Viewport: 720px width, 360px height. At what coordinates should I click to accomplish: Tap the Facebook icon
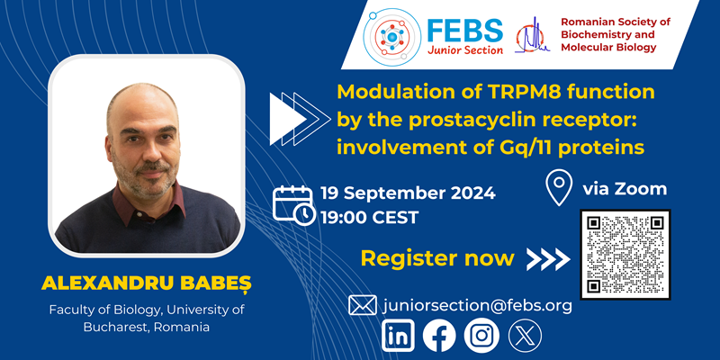(440, 336)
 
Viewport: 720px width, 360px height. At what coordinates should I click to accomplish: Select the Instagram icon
(481, 336)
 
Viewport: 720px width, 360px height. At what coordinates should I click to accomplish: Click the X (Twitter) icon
(524, 336)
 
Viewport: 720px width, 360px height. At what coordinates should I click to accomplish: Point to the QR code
(625, 255)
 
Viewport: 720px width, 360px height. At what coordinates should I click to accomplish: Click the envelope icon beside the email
(362, 305)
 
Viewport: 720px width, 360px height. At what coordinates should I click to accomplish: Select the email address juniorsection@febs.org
(478, 305)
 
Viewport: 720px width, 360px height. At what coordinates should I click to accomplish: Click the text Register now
(437, 259)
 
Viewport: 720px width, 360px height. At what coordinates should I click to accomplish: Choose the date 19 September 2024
(408, 193)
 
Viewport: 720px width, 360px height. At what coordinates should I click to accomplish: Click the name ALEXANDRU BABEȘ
(147, 284)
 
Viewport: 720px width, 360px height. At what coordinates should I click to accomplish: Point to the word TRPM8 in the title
(517, 92)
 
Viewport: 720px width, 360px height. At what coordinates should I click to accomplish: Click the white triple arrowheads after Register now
(548, 259)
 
